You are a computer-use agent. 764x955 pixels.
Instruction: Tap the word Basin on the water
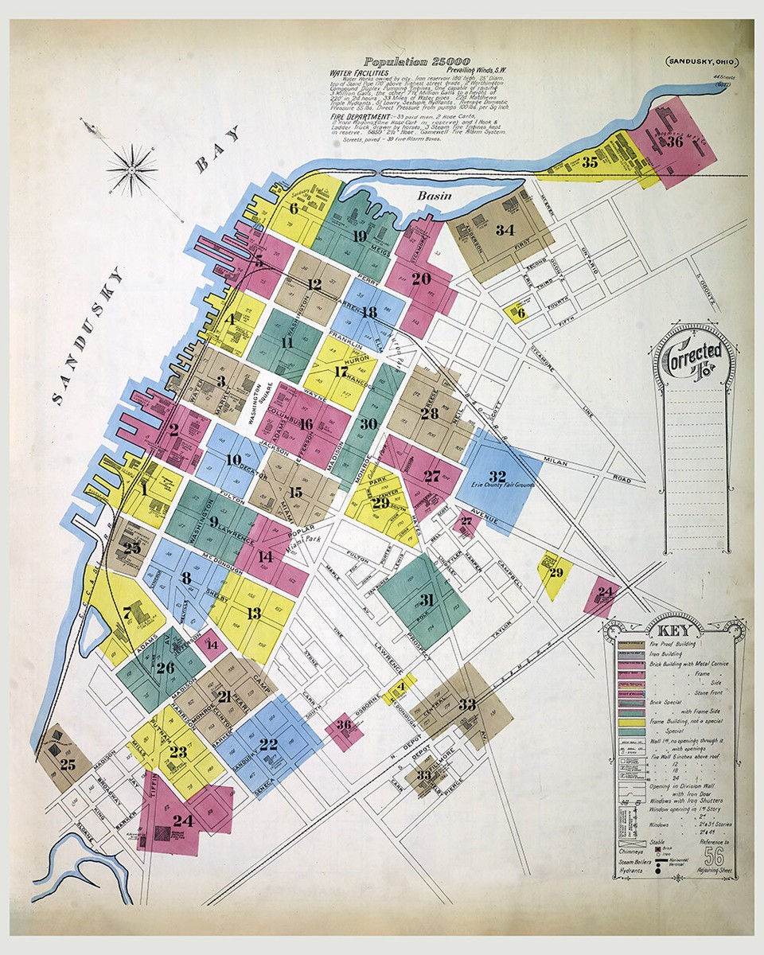435,196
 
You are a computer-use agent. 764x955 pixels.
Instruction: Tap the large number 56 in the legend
715,856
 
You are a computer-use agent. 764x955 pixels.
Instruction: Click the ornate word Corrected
695,351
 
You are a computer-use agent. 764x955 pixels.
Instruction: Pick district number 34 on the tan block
505,230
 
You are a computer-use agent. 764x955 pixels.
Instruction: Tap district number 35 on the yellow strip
590,162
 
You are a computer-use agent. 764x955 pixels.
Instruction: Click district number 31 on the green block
427,599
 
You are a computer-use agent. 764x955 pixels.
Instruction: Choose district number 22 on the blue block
268,744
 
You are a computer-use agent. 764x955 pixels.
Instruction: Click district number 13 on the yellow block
254,613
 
